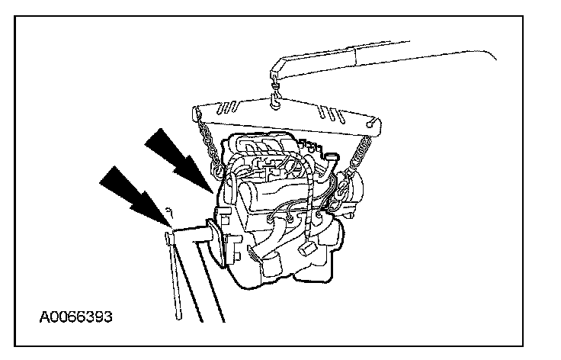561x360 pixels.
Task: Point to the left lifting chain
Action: [208, 141]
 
